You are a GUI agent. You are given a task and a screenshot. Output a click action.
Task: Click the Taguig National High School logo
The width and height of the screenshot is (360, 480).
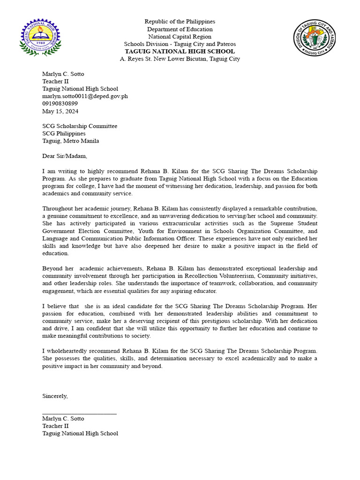tap(40, 37)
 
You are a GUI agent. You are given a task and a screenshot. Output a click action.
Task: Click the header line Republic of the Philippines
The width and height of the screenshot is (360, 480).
tap(180, 22)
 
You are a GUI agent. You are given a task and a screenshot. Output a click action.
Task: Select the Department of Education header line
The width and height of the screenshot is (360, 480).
tap(180, 29)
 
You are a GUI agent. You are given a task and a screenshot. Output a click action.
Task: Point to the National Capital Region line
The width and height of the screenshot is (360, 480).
tap(180, 37)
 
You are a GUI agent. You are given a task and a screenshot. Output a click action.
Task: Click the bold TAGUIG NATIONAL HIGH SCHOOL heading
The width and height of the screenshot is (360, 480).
tap(180, 52)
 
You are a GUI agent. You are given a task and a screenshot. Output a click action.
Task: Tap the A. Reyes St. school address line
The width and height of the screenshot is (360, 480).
tap(180, 59)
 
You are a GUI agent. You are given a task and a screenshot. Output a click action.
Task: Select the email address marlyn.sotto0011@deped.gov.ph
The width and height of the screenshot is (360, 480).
tap(85, 96)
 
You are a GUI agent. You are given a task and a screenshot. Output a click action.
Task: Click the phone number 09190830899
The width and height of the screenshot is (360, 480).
tap(60, 104)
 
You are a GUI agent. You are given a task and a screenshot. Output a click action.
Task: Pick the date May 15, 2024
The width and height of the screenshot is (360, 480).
tap(60, 112)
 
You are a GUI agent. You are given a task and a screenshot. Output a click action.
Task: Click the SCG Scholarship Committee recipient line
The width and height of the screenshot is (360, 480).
tap(80, 126)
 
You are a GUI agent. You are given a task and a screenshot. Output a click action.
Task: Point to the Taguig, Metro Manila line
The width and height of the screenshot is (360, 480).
tap(70, 141)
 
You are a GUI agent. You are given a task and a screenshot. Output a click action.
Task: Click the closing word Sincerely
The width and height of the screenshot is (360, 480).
tap(55, 396)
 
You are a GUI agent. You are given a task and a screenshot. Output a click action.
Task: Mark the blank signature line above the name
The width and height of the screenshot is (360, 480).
tap(79, 413)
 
